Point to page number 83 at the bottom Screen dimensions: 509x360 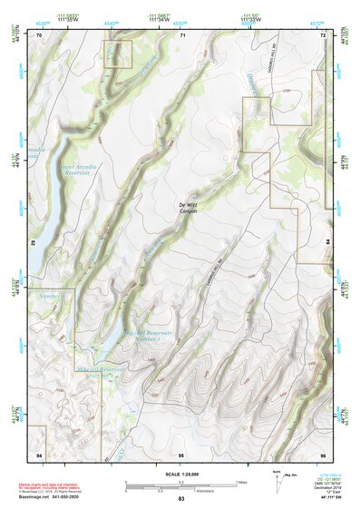click(x=181, y=500)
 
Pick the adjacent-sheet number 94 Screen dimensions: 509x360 click(x=39, y=453)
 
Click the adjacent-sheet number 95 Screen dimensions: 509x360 click(x=181, y=453)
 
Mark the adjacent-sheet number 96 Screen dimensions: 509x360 click(x=323, y=453)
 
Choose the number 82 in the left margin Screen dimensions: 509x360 click(x=34, y=243)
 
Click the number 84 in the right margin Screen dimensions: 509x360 click(x=328, y=243)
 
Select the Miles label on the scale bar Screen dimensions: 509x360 click(x=240, y=482)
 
